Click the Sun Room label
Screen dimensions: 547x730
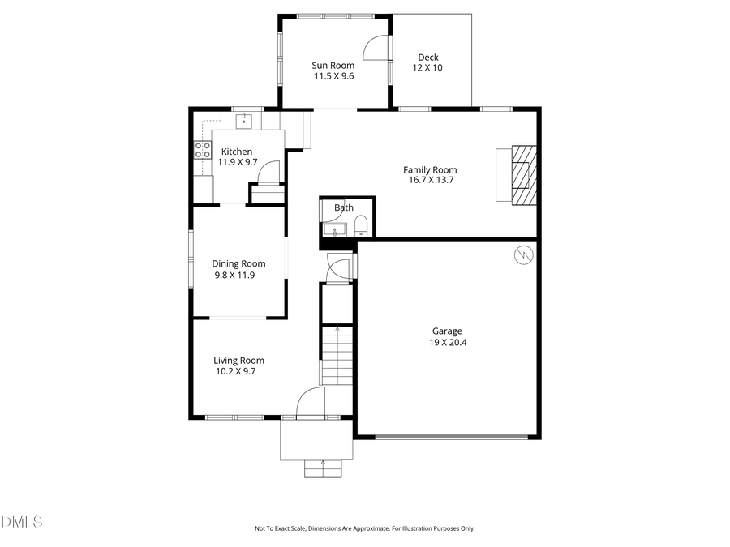click(x=333, y=65)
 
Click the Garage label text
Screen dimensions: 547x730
click(x=446, y=331)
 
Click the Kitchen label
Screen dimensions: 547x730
click(x=237, y=152)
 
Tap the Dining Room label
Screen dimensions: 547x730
click(x=238, y=263)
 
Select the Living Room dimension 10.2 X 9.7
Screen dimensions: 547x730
click(x=235, y=371)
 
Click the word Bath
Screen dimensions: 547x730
click(x=344, y=207)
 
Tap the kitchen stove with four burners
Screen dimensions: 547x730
click(x=201, y=150)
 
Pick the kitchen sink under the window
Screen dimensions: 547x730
click(x=244, y=122)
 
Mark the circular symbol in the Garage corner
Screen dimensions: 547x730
click(x=524, y=255)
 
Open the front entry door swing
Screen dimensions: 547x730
click(x=311, y=403)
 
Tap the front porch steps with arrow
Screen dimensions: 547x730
click(x=324, y=468)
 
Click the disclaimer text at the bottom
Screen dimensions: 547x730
click(x=364, y=528)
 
